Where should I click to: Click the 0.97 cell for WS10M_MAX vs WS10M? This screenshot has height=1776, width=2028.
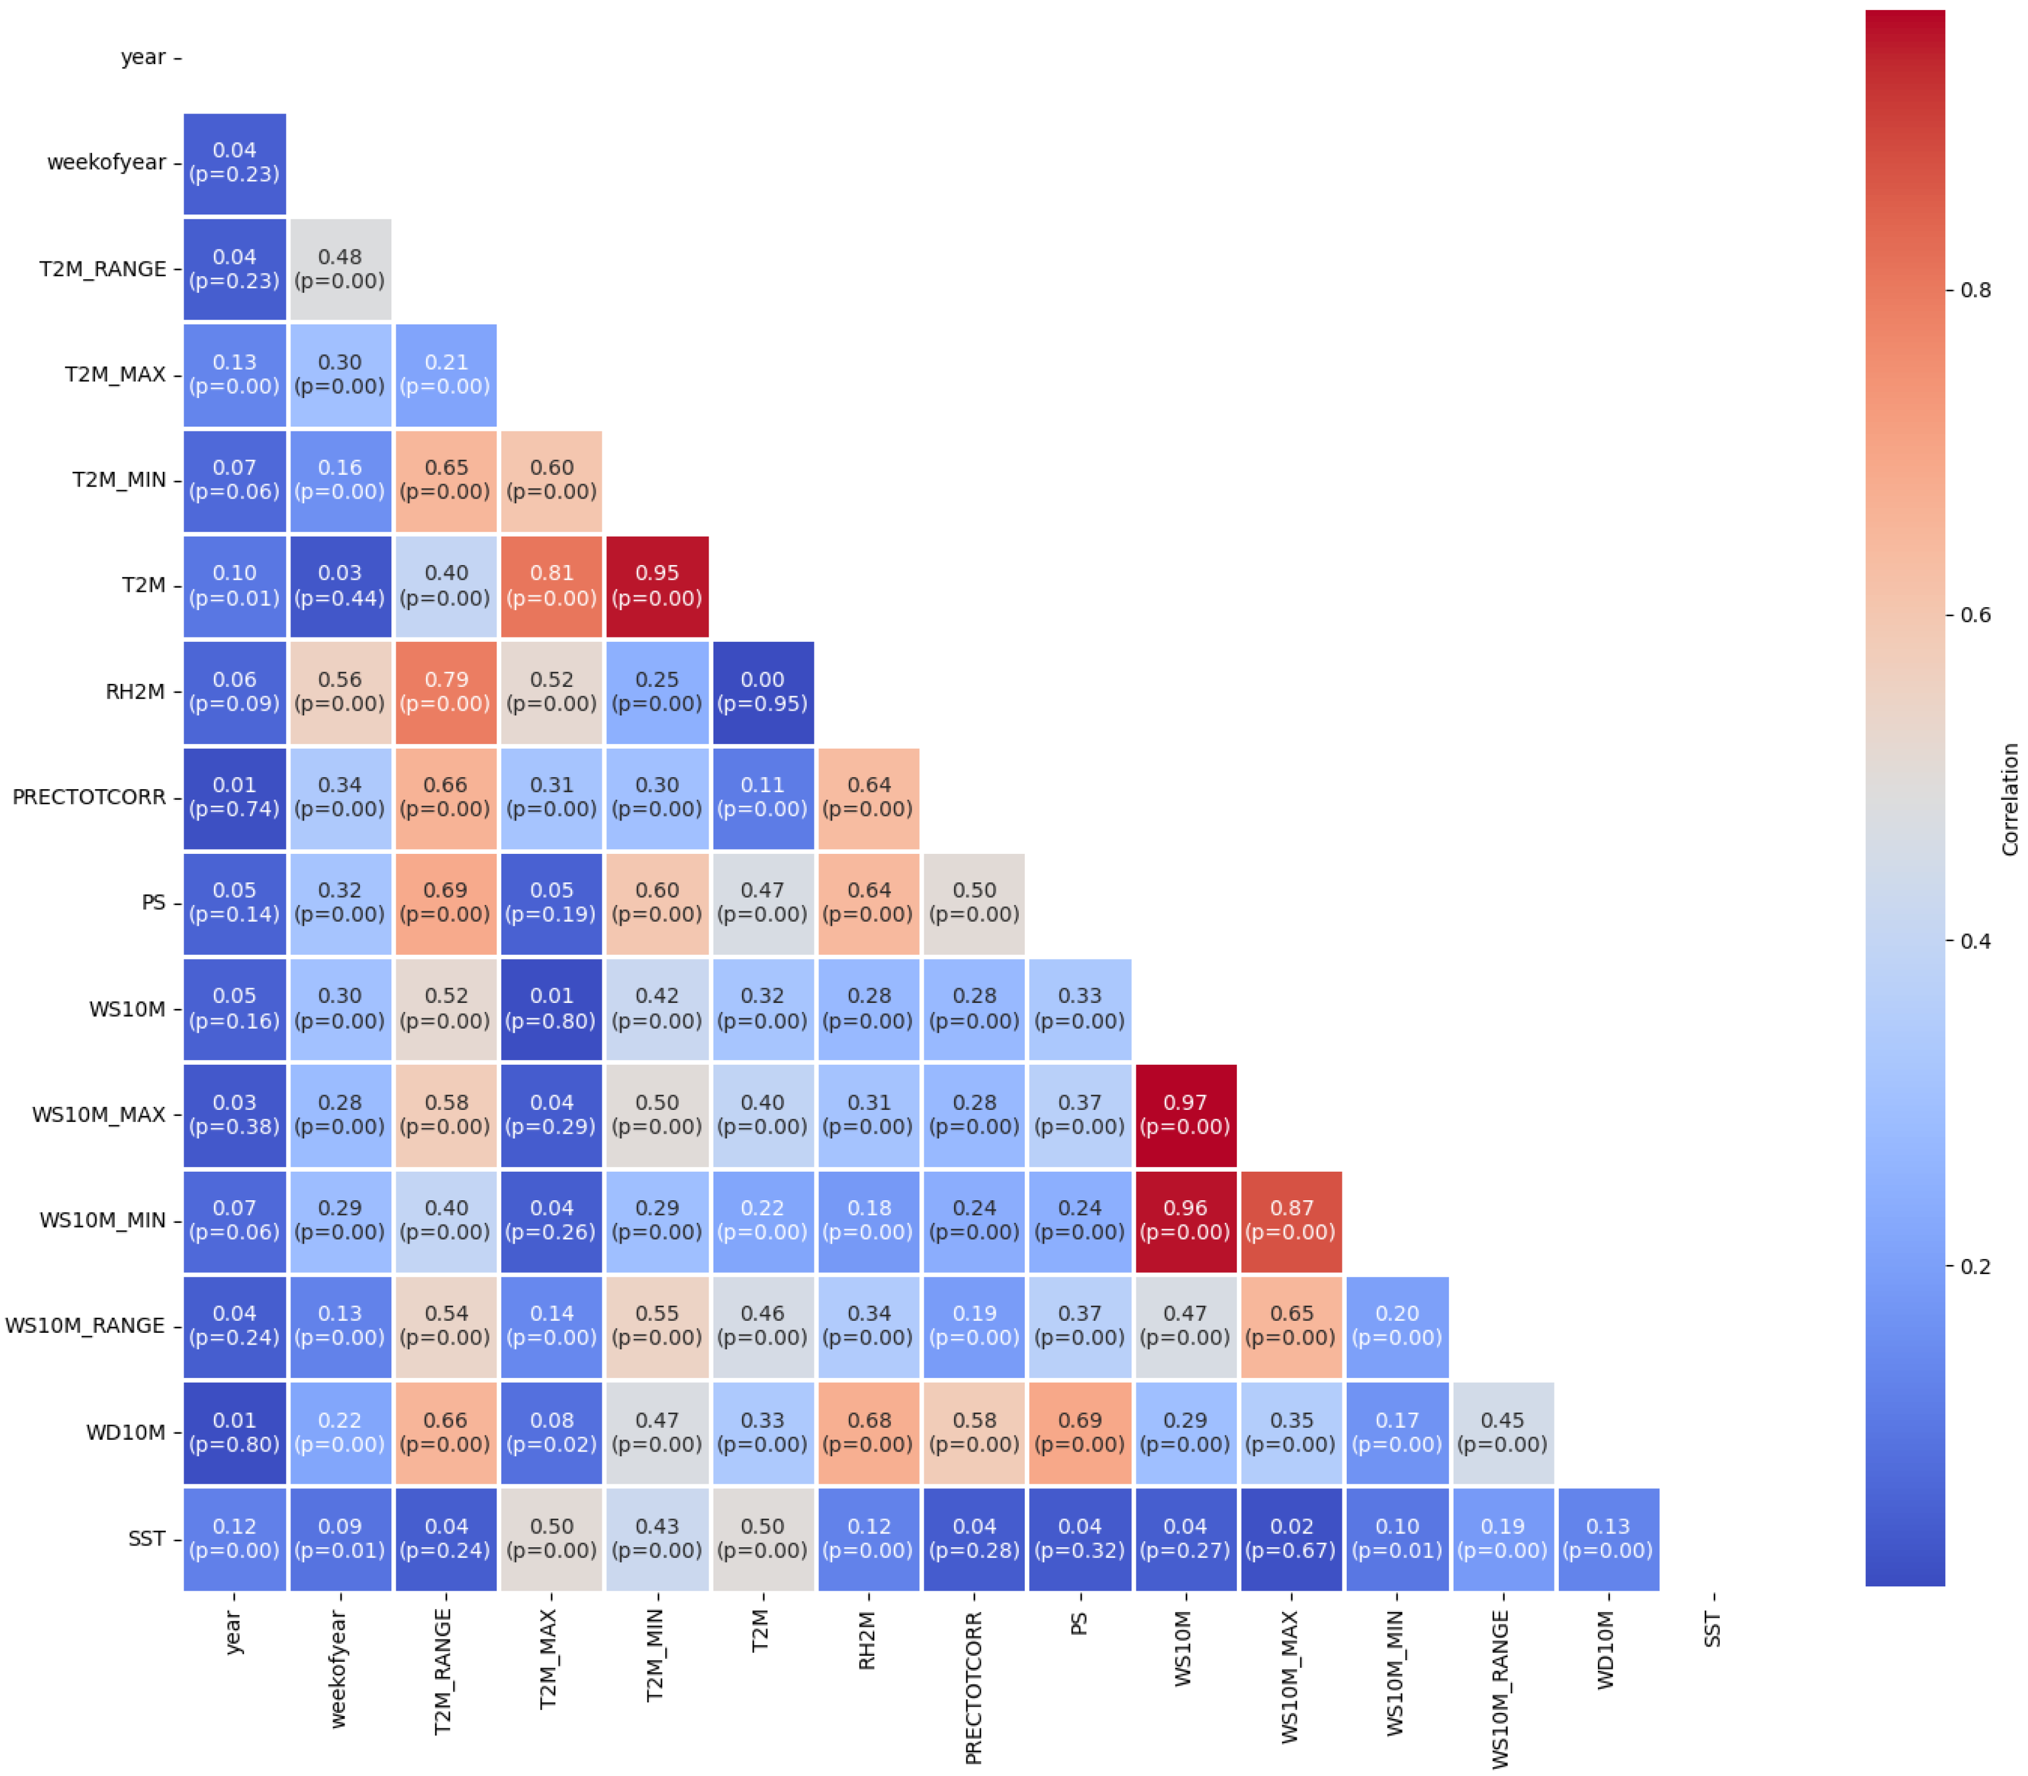point(1185,1115)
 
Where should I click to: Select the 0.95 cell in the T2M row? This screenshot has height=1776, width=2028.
point(657,586)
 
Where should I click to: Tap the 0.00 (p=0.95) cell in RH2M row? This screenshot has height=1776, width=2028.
point(763,692)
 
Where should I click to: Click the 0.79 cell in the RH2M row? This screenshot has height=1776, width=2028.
point(446,692)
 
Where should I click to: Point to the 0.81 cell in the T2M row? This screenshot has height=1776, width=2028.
point(552,586)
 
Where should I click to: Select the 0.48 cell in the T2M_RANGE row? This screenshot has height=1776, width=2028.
point(340,269)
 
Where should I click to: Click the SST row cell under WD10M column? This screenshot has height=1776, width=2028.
point(1608,1538)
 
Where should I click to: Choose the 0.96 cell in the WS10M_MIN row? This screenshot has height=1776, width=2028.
point(1185,1220)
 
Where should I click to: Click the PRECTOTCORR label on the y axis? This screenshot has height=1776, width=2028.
point(89,797)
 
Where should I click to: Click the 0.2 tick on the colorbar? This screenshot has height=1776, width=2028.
point(1975,1267)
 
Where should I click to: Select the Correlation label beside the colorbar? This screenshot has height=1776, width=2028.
point(2009,799)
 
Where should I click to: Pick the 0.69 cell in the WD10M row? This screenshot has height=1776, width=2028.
point(1080,1432)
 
